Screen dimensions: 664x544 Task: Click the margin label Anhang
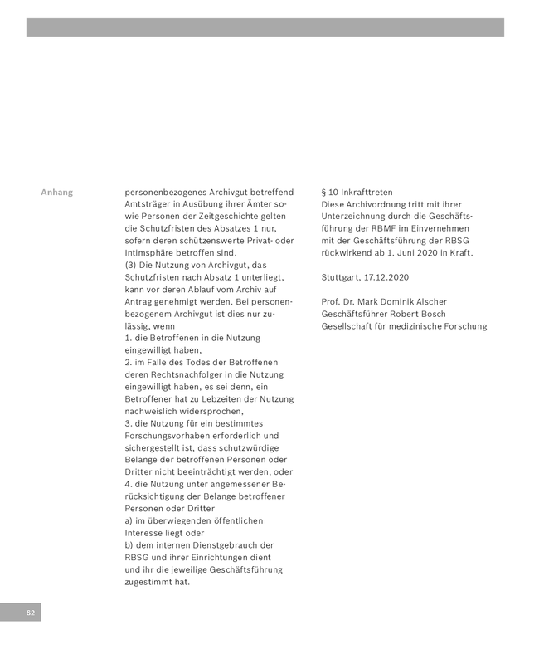(56, 193)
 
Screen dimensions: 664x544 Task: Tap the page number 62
(30, 613)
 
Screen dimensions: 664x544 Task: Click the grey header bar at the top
(265, 27)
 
